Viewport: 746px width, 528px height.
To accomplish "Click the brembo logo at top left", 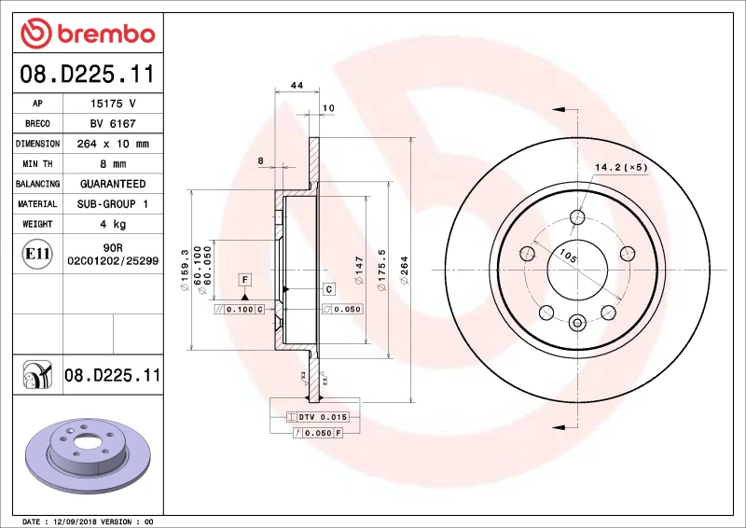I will pos(87,34).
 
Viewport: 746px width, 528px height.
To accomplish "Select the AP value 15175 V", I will pos(113,104).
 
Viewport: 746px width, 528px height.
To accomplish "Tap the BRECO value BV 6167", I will pos(113,123).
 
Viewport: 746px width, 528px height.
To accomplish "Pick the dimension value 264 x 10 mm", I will pos(113,144).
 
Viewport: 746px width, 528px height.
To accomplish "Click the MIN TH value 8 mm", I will pos(113,164).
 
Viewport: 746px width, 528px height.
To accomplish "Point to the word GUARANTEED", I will pos(113,184).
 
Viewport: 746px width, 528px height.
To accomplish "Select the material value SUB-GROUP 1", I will pos(113,203).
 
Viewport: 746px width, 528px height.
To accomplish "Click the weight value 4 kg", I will pos(113,224).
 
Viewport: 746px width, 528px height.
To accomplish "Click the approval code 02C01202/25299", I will pos(113,263).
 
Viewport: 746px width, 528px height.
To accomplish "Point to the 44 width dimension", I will pos(297,85).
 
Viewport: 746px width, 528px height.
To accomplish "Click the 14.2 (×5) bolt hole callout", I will pos(621,168).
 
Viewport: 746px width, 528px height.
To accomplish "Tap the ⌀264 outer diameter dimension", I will pos(405,270).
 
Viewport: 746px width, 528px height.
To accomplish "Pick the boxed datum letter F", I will pos(245,280).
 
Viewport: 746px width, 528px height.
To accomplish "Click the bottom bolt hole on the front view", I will pos(576,324).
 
